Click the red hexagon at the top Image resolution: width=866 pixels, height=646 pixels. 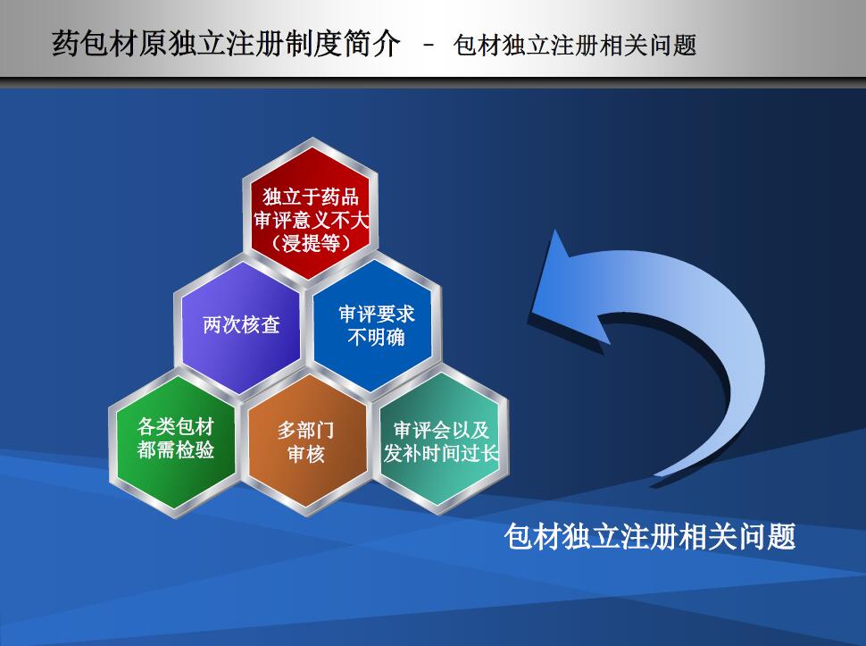[311, 213]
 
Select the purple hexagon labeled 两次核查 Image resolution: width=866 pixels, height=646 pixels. [241, 326]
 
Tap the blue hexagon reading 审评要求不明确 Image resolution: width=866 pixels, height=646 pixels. [376, 326]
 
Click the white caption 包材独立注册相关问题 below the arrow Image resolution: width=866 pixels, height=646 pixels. [650, 537]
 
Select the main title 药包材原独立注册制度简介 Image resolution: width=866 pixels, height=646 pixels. [225, 43]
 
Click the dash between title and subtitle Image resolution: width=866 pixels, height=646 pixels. [429, 45]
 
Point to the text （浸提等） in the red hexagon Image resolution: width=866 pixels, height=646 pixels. [311, 243]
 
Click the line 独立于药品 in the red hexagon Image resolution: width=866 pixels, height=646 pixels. [311, 197]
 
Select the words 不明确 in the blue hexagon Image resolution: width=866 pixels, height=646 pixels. [376, 337]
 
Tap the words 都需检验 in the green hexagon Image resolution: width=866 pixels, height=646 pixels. [176, 450]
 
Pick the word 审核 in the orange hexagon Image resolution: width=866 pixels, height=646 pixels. [306, 454]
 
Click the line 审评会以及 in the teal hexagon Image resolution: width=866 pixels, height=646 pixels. [441, 430]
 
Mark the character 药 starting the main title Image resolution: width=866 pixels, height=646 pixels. [66, 43]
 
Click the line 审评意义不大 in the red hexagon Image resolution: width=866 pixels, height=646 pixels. [311, 220]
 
